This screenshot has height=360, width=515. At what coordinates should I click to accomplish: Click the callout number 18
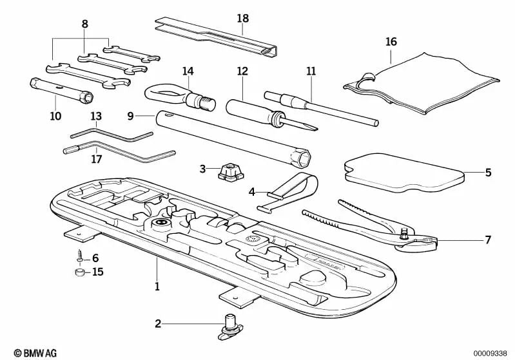click(x=242, y=18)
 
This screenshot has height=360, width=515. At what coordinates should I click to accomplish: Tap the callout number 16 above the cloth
click(x=391, y=42)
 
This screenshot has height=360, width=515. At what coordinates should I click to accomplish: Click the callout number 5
click(x=488, y=173)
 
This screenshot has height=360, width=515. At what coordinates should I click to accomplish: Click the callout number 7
click(x=488, y=240)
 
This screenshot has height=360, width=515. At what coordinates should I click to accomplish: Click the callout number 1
click(x=157, y=285)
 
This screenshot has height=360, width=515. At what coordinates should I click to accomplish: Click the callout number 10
click(x=55, y=117)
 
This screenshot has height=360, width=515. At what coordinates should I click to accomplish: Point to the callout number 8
click(x=85, y=24)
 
